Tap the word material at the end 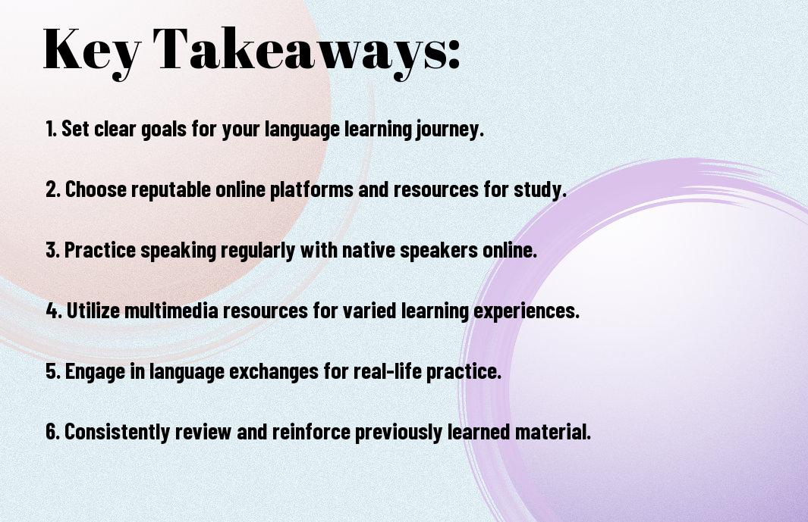click(553, 431)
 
